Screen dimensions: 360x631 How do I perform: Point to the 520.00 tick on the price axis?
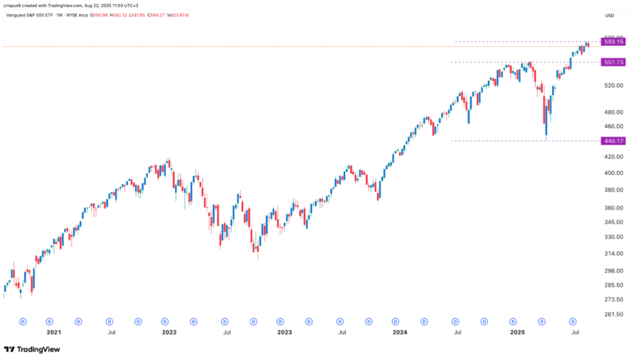coord(610,85)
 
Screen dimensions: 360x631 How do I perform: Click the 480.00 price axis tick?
coord(610,113)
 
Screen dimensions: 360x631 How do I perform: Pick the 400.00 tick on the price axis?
coord(610,173)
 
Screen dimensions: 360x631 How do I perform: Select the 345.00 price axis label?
coord(610,223)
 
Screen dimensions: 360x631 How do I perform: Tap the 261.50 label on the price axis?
coord(610,314)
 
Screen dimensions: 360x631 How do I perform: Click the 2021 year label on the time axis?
coord(53,333)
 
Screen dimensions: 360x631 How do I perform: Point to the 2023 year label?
coord(284,333)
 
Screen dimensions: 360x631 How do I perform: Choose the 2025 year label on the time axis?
coord(518,333)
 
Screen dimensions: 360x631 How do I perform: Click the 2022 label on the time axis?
coord(168,333)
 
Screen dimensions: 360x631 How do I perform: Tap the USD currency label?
coord(610,15)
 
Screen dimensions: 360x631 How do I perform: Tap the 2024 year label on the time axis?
coord(400,333)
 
